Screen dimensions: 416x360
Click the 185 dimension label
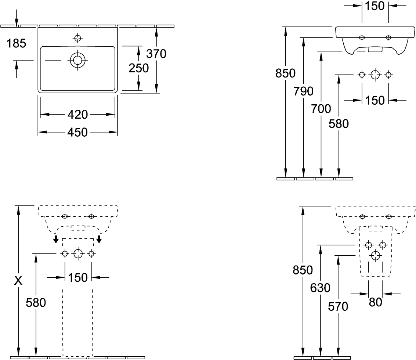pos(16,43)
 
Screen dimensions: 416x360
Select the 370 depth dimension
pos(156,54)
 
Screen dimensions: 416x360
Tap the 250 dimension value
pos(139,68)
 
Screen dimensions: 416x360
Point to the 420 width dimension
pos(77,115)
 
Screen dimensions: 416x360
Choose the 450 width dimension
pos(77,132)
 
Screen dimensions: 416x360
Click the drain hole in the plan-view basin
pos(77,60)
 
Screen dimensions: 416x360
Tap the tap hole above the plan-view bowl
pos(77,38)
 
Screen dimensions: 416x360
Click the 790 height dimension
pos(303,91)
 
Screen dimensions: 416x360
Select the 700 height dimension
pos(321,109)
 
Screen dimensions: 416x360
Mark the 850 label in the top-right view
pos(285,73)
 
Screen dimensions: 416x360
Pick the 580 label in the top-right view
pos(339,124)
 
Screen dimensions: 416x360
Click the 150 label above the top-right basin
pos(375,6)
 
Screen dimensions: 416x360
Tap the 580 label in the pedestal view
pos(36,303)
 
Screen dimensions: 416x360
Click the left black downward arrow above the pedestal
pos(56,239)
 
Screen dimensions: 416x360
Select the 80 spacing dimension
pos(375,302)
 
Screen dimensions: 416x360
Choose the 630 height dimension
pos(320,288)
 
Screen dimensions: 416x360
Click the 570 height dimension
pos(338,307)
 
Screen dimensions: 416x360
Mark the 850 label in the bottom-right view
pos(303,270)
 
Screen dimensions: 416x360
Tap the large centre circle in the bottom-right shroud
pos(375,256)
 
